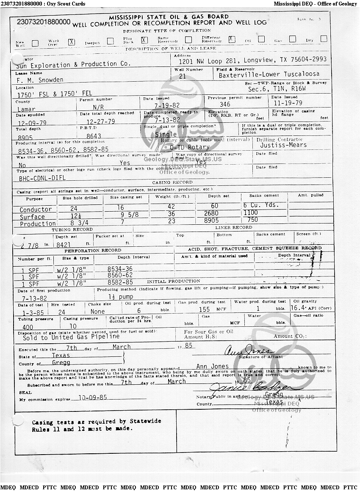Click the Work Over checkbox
pyautogui.click(x=72, y=42)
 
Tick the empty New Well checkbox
pyautogui.click(x=35, y=43)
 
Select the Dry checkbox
pyautogui.click(x=324, y=39)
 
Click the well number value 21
pyautogui.click(x=183, y=76)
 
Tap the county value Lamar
pyautogui.click(x=26, y=109)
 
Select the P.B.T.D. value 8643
pyautogui.click(x=95, y=136)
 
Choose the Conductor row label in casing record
pyautogui.click(x=36, y=210)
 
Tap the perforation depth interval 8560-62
pyautogui.click(x=120, y=275)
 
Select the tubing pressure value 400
pyautogui.click(x=28, y=327)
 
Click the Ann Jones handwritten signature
pyautogui.click(x=247, y=351)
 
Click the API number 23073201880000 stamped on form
pyautogui.click(x=44, y=22)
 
